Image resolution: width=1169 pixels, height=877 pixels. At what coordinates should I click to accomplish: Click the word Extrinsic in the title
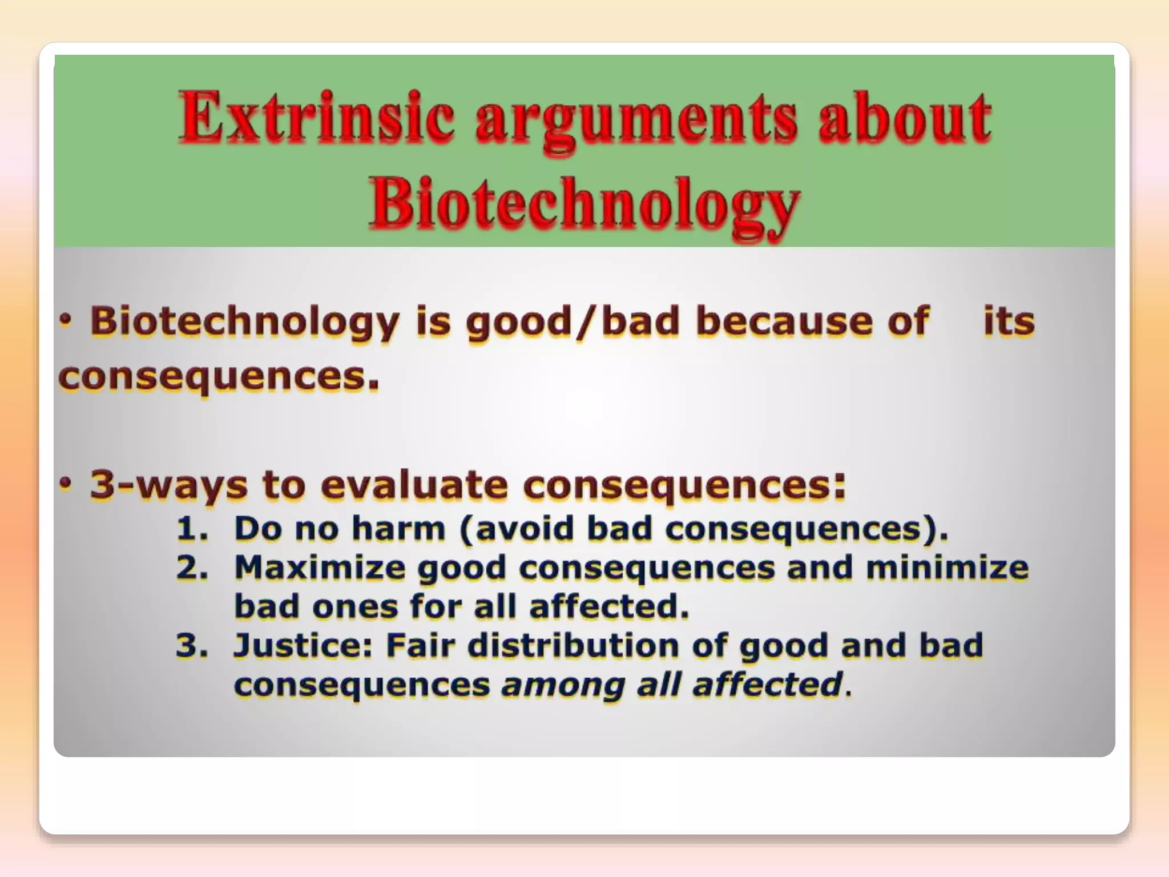pos(317,118)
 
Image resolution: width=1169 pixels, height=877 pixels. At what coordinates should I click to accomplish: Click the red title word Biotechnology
pos(583,205)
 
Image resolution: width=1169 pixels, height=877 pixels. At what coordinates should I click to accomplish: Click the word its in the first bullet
pos(1009,321)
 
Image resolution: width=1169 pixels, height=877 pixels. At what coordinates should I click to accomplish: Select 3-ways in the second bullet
pos(169,485)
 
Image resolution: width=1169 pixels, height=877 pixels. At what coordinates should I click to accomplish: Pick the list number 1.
pos(191,528)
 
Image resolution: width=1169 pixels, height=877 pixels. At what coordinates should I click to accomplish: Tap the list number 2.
pos(191,568)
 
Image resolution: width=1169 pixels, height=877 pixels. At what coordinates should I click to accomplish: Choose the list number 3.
pos(191,646)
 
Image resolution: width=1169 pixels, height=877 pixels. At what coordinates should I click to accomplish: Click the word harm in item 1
pos(398,528)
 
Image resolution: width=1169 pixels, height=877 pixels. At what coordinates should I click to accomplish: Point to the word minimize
pos(947,568)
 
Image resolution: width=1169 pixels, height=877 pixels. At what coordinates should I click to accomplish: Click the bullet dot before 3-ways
pos(67,484)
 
